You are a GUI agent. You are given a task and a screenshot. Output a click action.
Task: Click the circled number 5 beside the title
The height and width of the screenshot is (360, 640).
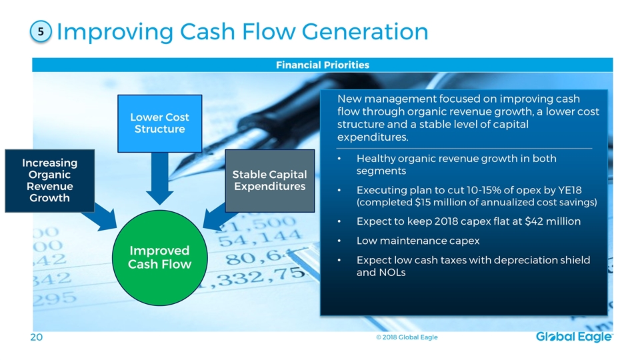pos(41,31)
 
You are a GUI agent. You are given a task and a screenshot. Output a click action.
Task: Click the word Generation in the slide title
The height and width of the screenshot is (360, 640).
pos(365,31)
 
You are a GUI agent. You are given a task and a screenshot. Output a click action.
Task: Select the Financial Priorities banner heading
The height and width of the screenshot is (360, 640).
pos(323,65)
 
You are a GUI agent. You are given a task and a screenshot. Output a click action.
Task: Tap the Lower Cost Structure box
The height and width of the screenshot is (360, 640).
pos(159,123)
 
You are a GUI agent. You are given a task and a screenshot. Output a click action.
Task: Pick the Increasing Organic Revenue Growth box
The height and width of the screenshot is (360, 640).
pos(50,181)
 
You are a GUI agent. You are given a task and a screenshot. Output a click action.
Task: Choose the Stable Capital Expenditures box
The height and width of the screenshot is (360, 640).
pos(270,181)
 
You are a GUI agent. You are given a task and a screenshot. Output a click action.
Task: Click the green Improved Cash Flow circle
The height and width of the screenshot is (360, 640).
pos(159,257)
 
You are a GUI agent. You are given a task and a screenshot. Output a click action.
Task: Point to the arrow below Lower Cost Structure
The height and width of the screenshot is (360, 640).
pos(159,179)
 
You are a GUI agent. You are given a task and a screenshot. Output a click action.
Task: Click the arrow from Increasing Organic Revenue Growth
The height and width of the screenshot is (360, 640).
pos(99,216)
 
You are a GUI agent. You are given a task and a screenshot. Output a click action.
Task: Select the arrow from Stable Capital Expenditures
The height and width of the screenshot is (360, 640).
pos(219,216)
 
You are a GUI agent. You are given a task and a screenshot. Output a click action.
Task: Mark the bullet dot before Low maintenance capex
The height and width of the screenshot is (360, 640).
pos(339,241)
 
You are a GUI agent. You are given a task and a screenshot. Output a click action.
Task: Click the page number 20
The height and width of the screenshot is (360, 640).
pos(36,337)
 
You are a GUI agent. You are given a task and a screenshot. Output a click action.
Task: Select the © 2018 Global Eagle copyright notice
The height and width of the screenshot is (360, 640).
pos(407,337)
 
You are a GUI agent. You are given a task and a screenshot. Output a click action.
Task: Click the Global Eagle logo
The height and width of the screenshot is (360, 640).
pos(574,337)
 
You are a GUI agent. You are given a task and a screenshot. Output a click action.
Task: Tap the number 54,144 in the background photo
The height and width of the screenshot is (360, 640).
pos(261,238)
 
